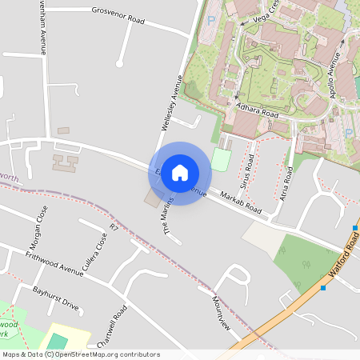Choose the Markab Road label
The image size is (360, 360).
(242, 204)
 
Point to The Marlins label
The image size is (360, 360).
(169, 220)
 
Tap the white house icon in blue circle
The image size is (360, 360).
(180, 173)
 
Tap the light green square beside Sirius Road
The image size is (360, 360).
(221, 158)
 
